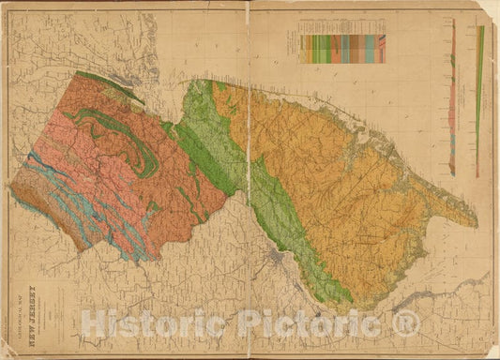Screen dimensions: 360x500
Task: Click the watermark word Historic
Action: tap(143, 324)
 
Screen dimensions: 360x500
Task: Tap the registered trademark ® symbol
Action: tap(404, 324)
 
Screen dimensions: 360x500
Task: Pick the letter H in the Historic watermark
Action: tap(92, 324)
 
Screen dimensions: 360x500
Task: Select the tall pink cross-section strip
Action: tap(452, 103)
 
